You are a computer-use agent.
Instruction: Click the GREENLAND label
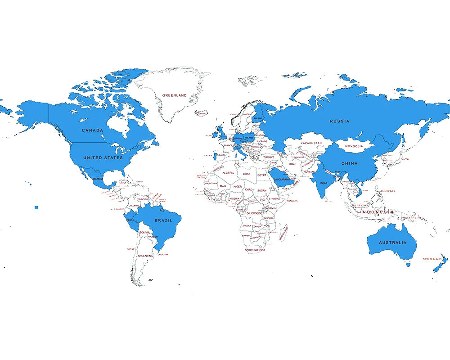[174, 95]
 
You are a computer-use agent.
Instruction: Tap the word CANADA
[92, 130]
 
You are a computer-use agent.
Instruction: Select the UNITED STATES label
[103, 158]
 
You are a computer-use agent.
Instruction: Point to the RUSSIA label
[339, 121]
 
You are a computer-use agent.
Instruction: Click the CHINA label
[349, 163]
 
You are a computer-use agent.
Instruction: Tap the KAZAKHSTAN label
[311, 143]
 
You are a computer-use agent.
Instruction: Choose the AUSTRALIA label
[392, 243]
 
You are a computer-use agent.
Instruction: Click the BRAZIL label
[163, 220]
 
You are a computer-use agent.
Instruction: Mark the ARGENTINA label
[145, 256]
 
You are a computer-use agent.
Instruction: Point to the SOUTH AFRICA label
[255, 250]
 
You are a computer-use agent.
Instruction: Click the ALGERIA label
[228, 173]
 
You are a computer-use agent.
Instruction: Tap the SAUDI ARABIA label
[282, 179]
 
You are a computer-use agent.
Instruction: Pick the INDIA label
[324, 183]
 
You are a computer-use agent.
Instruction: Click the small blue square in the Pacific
[36, 207]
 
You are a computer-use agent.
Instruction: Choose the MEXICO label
[98, 179]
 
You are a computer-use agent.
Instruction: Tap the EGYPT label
[262, 175]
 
